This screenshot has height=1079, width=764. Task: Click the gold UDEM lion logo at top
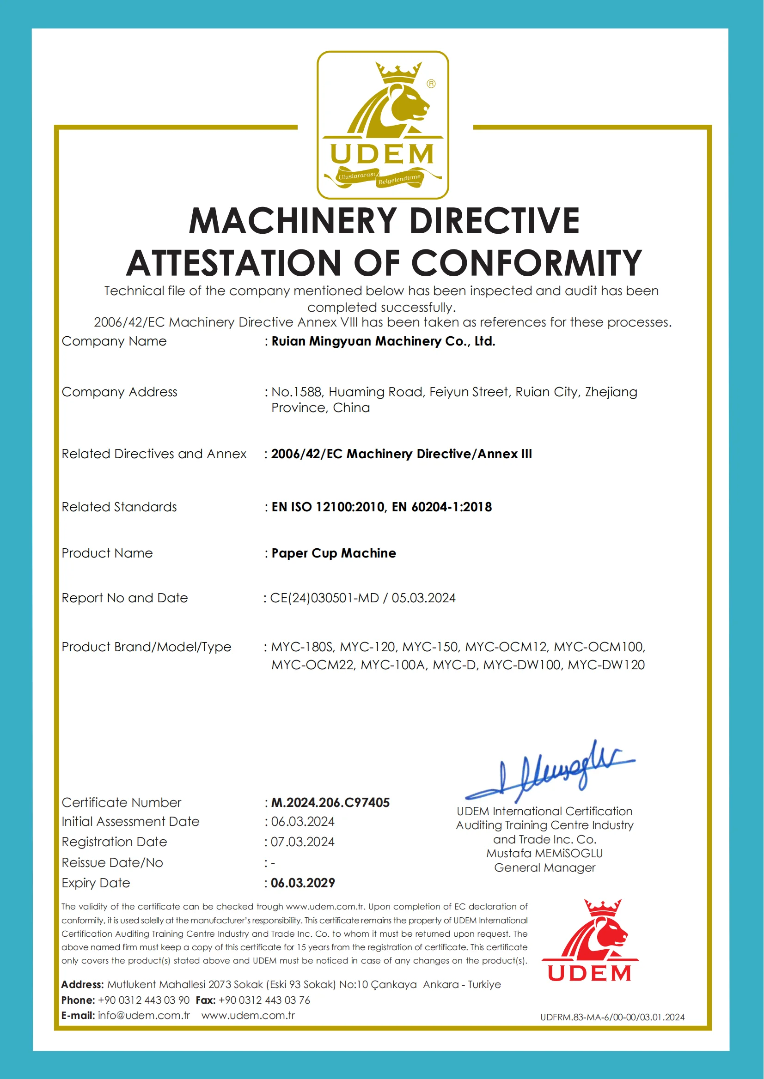click(383, 125)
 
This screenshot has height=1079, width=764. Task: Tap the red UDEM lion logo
click(590, 940)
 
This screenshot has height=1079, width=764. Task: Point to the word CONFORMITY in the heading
click(527, 263)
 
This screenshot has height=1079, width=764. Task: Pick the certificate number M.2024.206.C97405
click(330, 802)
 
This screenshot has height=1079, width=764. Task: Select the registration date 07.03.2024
click(302, 842)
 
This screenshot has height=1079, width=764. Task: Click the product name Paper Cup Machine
click(334, 553)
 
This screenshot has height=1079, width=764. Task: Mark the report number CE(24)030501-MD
click(324, 598)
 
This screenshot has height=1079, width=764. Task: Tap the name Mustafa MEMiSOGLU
click(544, 853)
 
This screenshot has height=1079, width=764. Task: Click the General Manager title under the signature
click(544, 867)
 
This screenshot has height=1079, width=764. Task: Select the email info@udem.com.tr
click(143, 1015)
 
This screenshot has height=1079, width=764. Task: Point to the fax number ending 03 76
click(264, 1000)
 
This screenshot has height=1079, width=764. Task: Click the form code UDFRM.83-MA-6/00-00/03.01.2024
click(612, 1017)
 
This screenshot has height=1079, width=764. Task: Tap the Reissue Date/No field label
click(112, 863)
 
